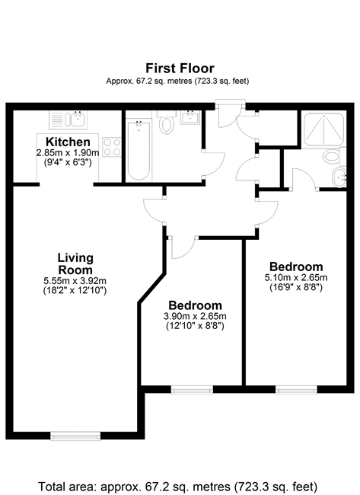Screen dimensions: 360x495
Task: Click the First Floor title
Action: coord(180,69)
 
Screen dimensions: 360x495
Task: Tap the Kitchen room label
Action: coord(68,142)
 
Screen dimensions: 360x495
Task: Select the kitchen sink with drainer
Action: coord(68,120)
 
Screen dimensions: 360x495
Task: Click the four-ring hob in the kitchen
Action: coord(112,147)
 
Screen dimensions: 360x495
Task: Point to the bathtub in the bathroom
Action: coord(139,151)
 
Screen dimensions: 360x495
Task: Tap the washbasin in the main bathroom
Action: coord(190,117)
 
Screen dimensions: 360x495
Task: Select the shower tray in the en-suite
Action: coord(323,129)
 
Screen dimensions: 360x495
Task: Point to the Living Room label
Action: coord(75,264)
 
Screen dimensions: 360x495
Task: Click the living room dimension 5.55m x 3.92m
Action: coord(75,281)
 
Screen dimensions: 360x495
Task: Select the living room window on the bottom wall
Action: coord(75,436)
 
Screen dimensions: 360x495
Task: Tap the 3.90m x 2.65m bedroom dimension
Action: coord(195,316)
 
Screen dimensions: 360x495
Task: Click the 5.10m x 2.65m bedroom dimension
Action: coord(296,277)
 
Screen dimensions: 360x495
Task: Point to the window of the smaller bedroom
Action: coord(192,390)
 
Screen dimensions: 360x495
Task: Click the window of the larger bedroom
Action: coord(296,390)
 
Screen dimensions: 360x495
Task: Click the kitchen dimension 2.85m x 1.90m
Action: coord(68,153)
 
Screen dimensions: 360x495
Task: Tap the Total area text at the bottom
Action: coord(177,486)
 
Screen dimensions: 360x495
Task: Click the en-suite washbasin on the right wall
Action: coord(339,177)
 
